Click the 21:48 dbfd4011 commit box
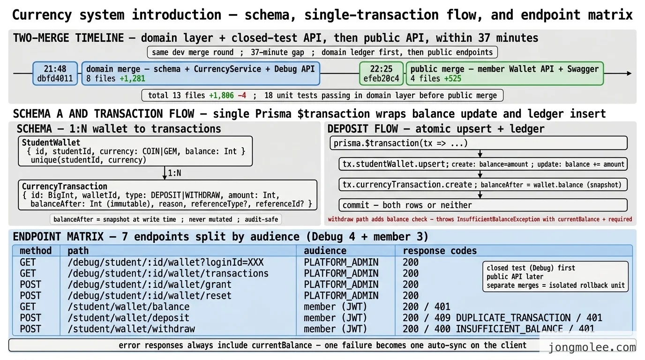pos(55,74)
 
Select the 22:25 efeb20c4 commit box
pos(381,74)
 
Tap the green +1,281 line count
pos(132,78)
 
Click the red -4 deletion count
pos(242,95)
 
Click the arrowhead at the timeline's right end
pos(630,74)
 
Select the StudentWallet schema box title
pos(51,142)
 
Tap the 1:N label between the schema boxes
pos(174,173)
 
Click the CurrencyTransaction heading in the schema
pos(65,187)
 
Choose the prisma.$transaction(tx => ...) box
pos(479,143)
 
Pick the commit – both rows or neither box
pos(483,205)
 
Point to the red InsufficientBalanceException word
pos(498,219)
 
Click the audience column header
pos(325,251)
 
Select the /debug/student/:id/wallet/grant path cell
pos(150,285)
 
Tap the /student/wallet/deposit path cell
pos(128,318)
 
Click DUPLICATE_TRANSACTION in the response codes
pos(513,318)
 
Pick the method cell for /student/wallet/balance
pos(28,307)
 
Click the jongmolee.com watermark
pos(592,347)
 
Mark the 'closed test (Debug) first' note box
pos(555,277)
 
